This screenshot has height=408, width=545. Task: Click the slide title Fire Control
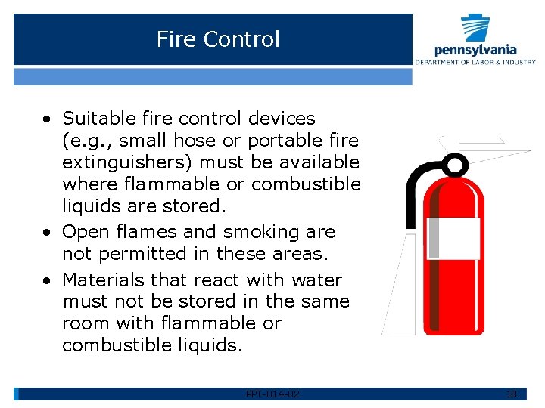[x=218, y=39]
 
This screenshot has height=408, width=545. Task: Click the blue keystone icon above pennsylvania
[x=476, y=28]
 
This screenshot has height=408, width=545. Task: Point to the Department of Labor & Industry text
[x=475, y=62]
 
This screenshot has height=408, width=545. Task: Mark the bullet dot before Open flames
[x=47, y=233]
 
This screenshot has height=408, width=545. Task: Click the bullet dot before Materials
[x=47, y=280]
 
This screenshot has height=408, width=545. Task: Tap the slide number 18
[x=511, y=394]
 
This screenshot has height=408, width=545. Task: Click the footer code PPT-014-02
[x=272, y=394]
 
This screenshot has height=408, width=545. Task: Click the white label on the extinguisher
[x=453, y=238]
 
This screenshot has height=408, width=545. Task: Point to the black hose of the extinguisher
[x=413, y=196]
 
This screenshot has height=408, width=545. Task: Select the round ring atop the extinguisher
[x=455, y=164]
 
